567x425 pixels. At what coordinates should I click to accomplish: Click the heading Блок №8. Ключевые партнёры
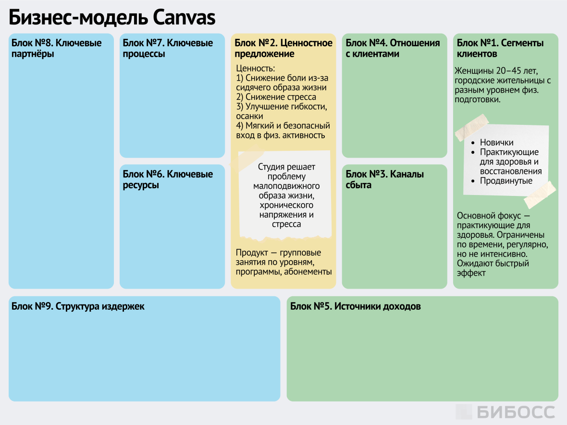pos(57,49)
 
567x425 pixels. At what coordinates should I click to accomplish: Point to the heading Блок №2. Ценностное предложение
pos(283,49)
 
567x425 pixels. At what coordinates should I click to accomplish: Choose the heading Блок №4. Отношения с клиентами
pos(393,49)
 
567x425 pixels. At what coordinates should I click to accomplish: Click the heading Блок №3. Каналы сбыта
pos(384,180)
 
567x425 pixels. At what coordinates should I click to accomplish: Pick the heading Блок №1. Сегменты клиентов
pos(500,49)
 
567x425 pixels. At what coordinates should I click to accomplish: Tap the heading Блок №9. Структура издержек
pos(78,306)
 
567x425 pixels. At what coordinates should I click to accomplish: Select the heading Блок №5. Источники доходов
pos(356,306)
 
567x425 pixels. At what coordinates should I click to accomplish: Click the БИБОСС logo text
pos(516,412)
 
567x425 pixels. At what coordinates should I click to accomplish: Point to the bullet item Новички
pos(496,143)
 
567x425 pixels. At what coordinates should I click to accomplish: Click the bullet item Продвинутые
pos(506,181)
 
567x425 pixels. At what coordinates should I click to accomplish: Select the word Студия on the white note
pos(272,167)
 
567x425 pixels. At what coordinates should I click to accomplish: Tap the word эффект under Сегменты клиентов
pos(471,273)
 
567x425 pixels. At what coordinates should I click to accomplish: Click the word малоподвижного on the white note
pos(286,186)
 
